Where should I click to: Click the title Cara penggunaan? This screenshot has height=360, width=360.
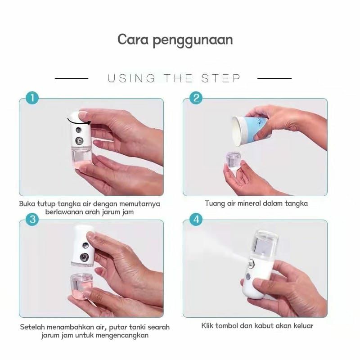tap(175, 40)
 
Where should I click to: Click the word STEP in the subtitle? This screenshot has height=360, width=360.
tap(221, 78)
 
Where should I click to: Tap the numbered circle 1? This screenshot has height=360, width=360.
tap(32, 98)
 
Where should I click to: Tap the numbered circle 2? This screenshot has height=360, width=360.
tap(196, 98)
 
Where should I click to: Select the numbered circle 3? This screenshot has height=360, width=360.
tap(32, 219)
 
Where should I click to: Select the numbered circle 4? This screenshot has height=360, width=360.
tap(196, 219)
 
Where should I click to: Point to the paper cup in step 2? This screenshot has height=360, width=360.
tap(250, 130)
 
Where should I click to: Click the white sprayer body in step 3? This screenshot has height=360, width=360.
tap(83, 246)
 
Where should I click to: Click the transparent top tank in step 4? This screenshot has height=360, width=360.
tap(265, 243)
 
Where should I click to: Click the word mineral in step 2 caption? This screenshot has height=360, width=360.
tap(249, 203)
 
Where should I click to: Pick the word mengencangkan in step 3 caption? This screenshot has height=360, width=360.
tap(122, 335)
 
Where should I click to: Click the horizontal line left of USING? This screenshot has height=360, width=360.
tap(72, 78)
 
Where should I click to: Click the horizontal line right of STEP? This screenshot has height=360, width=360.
tap(274, 78)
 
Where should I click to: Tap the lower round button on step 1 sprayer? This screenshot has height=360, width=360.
tap(79, 140)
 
